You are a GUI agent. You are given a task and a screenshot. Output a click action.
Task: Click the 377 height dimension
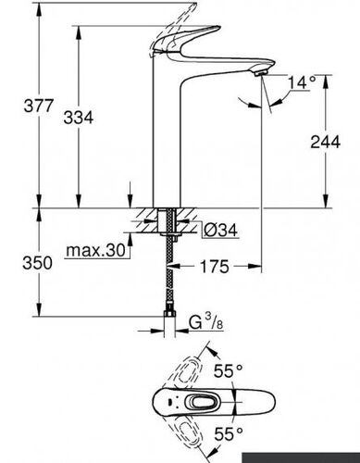click(39, 106)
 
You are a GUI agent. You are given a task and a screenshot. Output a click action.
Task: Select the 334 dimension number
click(78, 118)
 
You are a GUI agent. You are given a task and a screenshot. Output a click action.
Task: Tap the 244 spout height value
click(325, 142)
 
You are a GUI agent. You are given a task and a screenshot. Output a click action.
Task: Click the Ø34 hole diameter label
click(221, 230)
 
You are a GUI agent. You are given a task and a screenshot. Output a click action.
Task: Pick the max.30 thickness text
click(95, 250)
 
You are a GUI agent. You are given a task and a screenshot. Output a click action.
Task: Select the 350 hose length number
click(37, 263)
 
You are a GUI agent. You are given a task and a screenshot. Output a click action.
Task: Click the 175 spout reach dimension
click(215, 267)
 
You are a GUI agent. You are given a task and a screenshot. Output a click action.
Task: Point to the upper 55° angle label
click(229, 370)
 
